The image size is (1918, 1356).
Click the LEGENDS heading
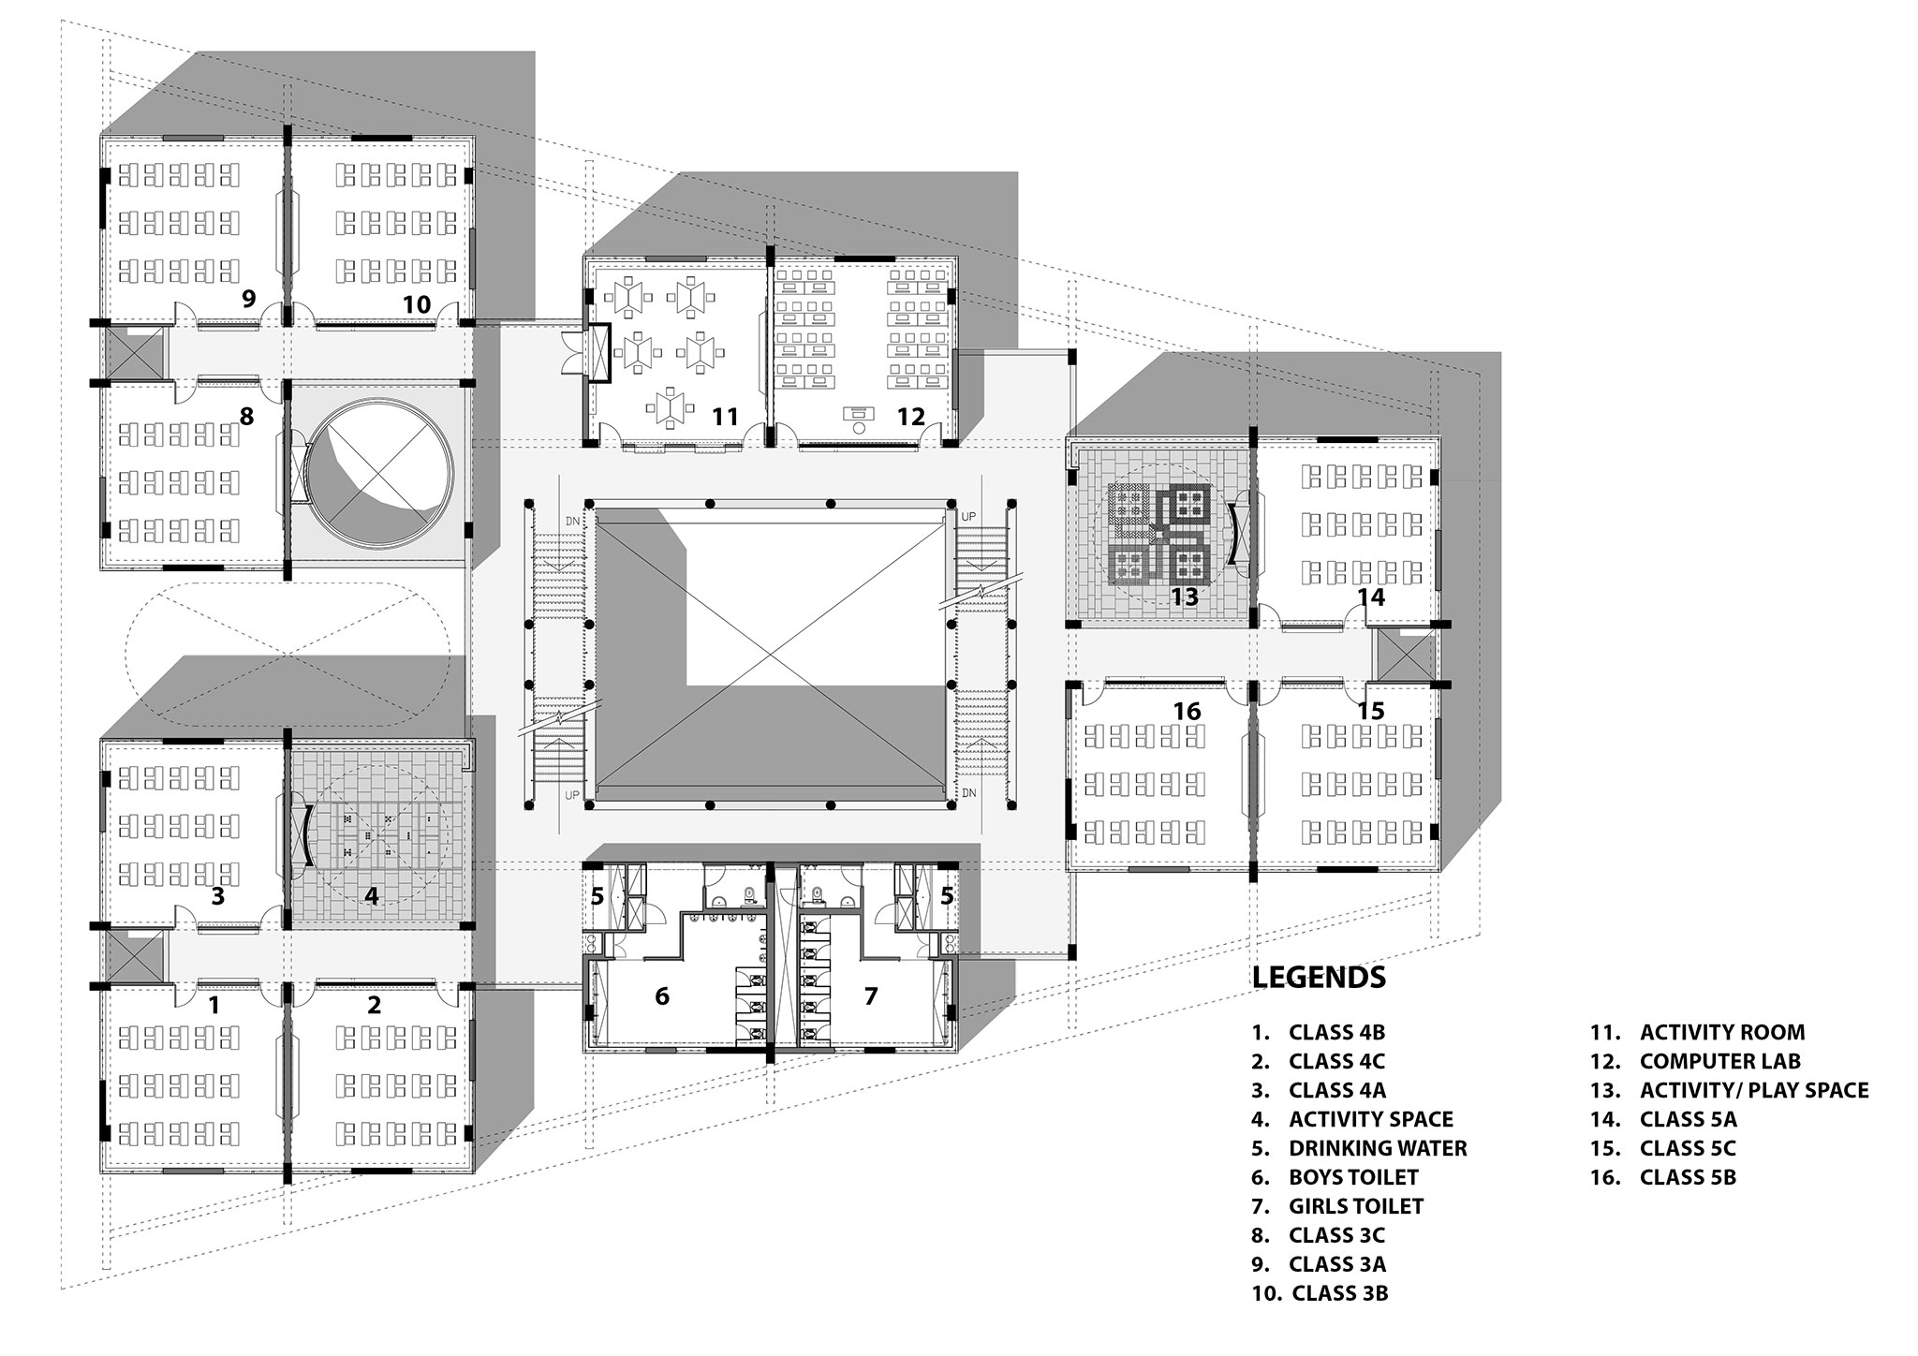pos(1319,978)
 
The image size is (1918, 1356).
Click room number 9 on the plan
pos(248,299)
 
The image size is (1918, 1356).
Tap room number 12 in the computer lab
pos(910,417)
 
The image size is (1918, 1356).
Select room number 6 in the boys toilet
pos(662,995)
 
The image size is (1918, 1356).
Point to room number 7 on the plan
pos(871,995)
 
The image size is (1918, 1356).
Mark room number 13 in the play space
pos(1185,597)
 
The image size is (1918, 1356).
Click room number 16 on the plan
pos(1187,712)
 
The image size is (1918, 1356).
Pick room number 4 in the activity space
pos(372,896)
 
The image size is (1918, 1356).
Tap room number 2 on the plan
pos(375,1005)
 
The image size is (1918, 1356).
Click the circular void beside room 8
pos(381,476)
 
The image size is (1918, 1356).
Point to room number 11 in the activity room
pos(726,417)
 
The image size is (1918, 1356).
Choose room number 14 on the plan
pos(1371,597)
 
